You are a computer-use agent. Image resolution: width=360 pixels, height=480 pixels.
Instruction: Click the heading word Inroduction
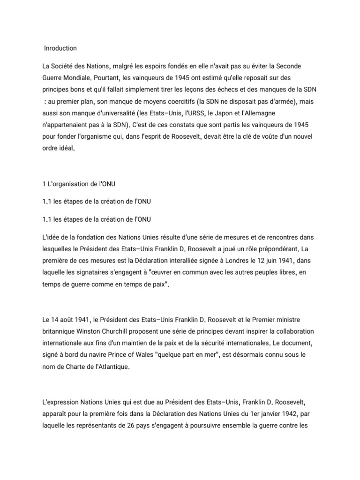(60, 48)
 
